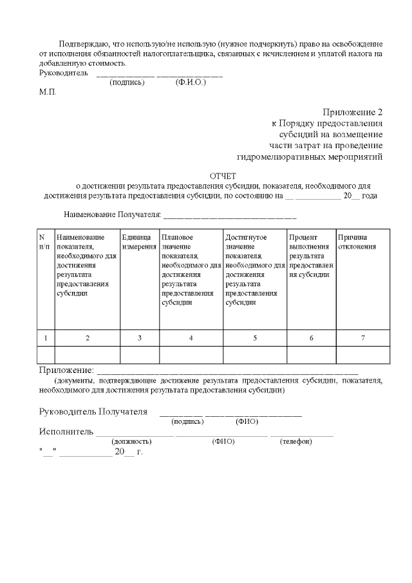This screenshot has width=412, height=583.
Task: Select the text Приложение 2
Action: pos(353,111)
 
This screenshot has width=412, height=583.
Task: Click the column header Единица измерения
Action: pos(139,242)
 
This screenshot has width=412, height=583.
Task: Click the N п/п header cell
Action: pos(44,242)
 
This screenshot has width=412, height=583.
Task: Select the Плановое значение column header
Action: pos(191,270)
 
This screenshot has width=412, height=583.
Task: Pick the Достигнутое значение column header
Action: pos(255,270)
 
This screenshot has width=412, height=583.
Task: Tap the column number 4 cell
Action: pos(191,338)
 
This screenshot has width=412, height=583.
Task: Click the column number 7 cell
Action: pos(363,338)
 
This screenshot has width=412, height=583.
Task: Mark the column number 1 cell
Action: pos(46,338)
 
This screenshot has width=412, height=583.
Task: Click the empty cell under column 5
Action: pos(255,355)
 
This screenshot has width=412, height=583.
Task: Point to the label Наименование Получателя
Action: pos(111,214)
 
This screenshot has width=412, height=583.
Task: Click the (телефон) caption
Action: pos(296,441)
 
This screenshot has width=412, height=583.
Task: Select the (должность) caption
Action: pos(131,441)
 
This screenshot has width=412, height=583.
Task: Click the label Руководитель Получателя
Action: pos(93,412)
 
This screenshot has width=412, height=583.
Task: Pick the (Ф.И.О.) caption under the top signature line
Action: pos(191,82)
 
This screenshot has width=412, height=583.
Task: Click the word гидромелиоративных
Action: pos(278,157)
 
